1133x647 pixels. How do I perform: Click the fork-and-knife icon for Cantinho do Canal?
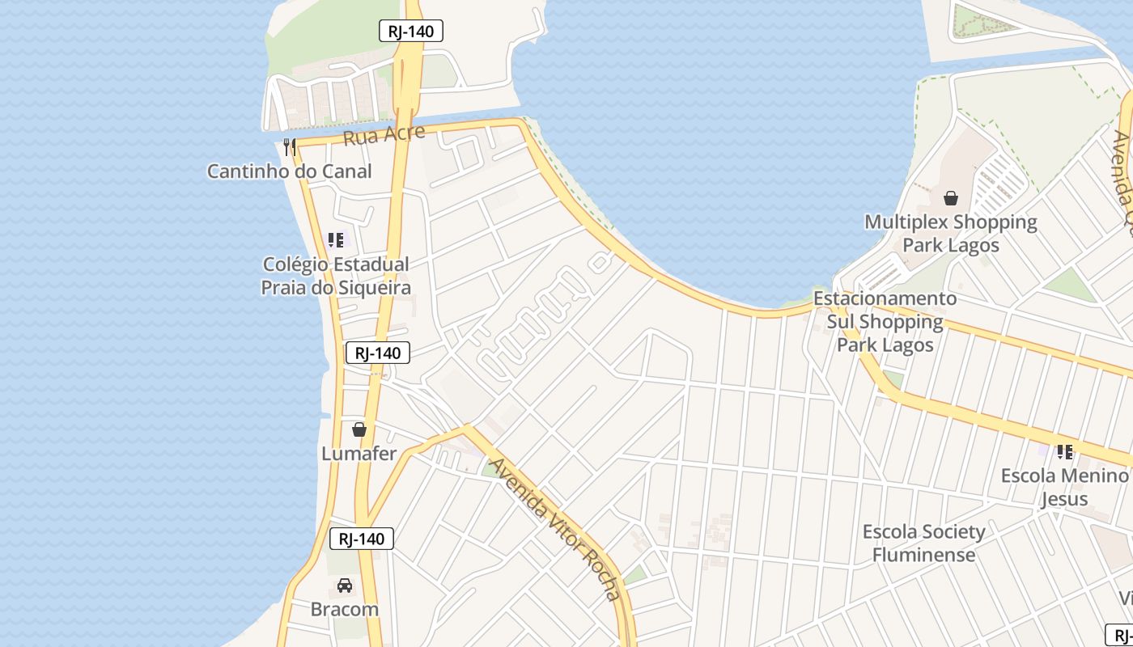pos(290,147)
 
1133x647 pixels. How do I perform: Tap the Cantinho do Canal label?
pos(289,171)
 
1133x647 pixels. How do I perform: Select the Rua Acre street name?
pos(384,134)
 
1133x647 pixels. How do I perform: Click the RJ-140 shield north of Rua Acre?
pos(411,32)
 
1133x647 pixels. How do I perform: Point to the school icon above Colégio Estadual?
pos(336,240)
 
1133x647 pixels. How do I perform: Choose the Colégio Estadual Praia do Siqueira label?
pos(336,276)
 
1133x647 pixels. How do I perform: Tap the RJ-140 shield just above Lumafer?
pos(378,353)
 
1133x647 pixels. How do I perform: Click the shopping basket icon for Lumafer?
pos(359,429)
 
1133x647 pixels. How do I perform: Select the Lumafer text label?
pos(359,454)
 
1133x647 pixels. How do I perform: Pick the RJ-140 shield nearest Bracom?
pos(362,539)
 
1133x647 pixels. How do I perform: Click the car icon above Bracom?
pos(345,585)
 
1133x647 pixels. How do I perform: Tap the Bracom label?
pos(345,609)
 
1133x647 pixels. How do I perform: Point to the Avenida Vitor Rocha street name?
pos(556,530)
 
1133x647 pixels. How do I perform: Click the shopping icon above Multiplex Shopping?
pos(951,197)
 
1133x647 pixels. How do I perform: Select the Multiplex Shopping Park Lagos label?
pos(951,233)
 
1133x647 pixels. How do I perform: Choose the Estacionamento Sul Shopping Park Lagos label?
pos(885,321)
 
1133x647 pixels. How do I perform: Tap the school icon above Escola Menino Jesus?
pos(1065,451)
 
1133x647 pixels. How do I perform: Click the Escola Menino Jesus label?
pos(1064,487)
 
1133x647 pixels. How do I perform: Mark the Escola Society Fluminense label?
pos(923,543)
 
